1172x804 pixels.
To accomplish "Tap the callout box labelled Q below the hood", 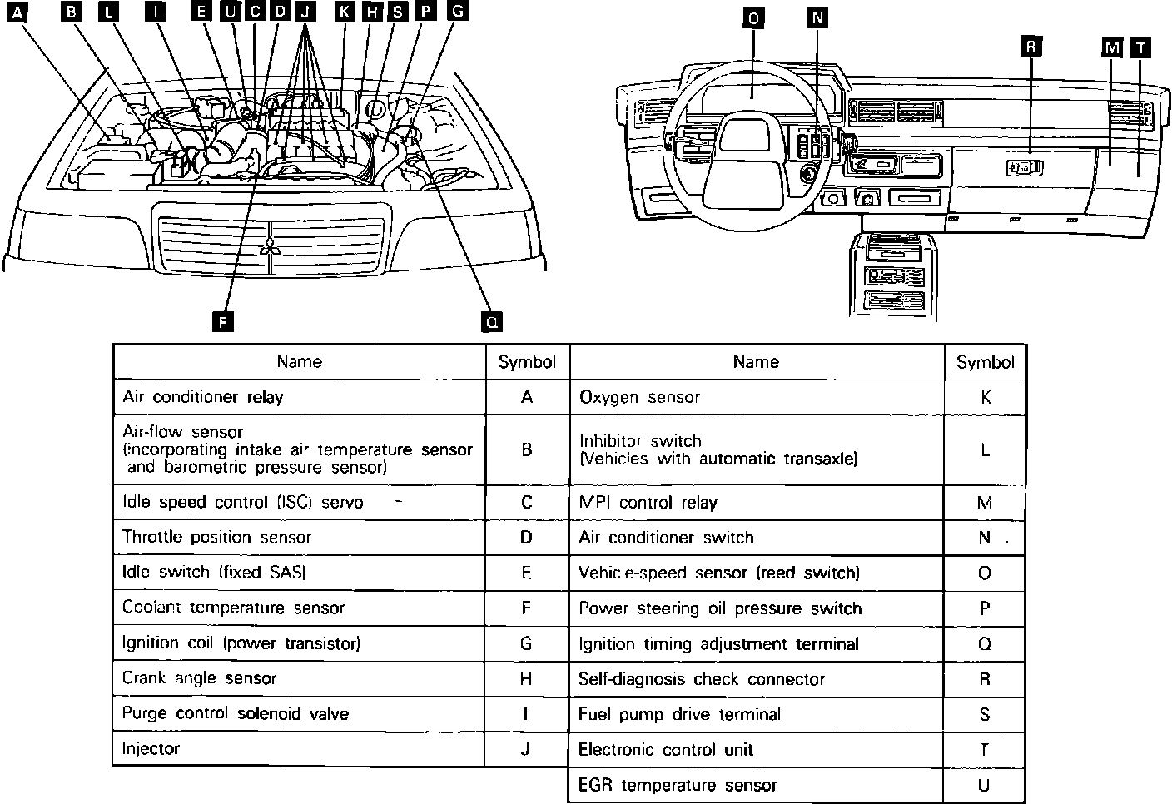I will (x=492, y=321).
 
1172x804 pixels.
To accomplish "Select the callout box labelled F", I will (x=221, y=321).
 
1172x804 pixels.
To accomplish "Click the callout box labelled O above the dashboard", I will (x=752, y=19).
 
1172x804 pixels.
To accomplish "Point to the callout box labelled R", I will (x=1030, y=47).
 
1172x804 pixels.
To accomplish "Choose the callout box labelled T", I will (x=1140, y=47).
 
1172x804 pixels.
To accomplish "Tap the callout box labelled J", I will (x=306, y=12).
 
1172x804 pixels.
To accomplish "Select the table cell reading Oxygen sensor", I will (x=639, y=397).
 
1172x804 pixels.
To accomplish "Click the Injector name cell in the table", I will (x=151, y=748).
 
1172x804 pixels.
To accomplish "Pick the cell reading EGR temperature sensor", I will (x=678, y=785).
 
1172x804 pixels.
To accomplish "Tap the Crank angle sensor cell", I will (x=199, y=678).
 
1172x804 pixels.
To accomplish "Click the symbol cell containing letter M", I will (x=985, y=503).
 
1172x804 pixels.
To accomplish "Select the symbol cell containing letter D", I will (x=526, y=538).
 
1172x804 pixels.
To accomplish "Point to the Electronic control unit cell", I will (x=665, y=749).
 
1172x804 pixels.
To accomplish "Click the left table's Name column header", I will (x=300, y=361).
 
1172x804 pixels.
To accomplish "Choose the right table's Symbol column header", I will (x=985, y=362).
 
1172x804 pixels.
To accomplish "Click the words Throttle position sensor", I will (x=216, y=538).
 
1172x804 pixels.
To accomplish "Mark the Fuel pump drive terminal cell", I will (x=679, y=714).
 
